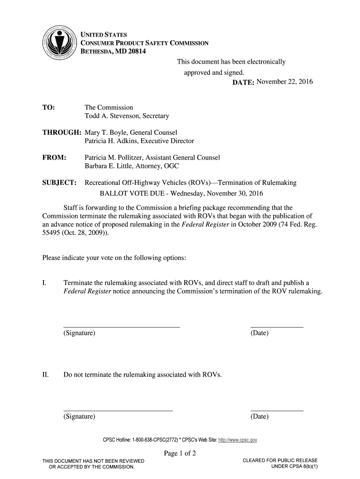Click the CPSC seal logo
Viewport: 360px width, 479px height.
[58, 47]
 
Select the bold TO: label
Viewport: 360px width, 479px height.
[49, 108]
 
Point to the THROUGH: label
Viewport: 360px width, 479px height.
[61, 132]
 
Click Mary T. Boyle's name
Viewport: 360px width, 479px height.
[106, 132]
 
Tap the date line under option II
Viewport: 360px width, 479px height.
[277, 410]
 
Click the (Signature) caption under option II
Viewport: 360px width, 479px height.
[79, 416]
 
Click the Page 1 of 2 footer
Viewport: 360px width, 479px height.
[180, 453]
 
